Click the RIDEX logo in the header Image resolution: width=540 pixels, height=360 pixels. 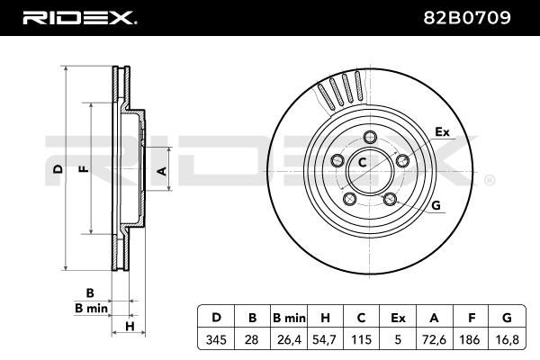(79, 18)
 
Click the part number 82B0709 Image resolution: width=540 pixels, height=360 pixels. (467, 18)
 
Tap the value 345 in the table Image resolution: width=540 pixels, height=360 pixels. (216, 340)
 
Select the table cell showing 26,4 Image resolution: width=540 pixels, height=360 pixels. (289, 340)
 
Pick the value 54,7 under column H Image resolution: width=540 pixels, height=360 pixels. (325, 340)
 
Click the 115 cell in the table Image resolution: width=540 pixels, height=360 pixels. (361, 340)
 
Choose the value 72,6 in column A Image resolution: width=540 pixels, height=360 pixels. (434, 340)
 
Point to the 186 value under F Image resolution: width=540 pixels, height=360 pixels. (470, 340)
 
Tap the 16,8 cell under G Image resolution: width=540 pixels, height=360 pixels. (506, 340)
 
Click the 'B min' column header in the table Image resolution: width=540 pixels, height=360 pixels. (289, 318)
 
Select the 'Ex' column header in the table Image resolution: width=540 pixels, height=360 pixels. (398, 318)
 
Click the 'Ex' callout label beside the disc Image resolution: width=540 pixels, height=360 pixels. (442, 131)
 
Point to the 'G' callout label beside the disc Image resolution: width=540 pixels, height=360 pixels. (436, 205)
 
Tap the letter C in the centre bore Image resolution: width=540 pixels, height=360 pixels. (363, 162)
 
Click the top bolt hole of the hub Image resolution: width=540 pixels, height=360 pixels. (370, 137)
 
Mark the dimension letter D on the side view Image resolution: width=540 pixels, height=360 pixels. (58, 169)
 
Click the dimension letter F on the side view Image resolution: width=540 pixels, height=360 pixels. (84, 169)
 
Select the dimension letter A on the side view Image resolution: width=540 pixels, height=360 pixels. (162, 171)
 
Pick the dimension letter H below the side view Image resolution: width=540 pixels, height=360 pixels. (130, 326)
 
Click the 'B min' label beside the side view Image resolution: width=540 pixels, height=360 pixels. (91, 308)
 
